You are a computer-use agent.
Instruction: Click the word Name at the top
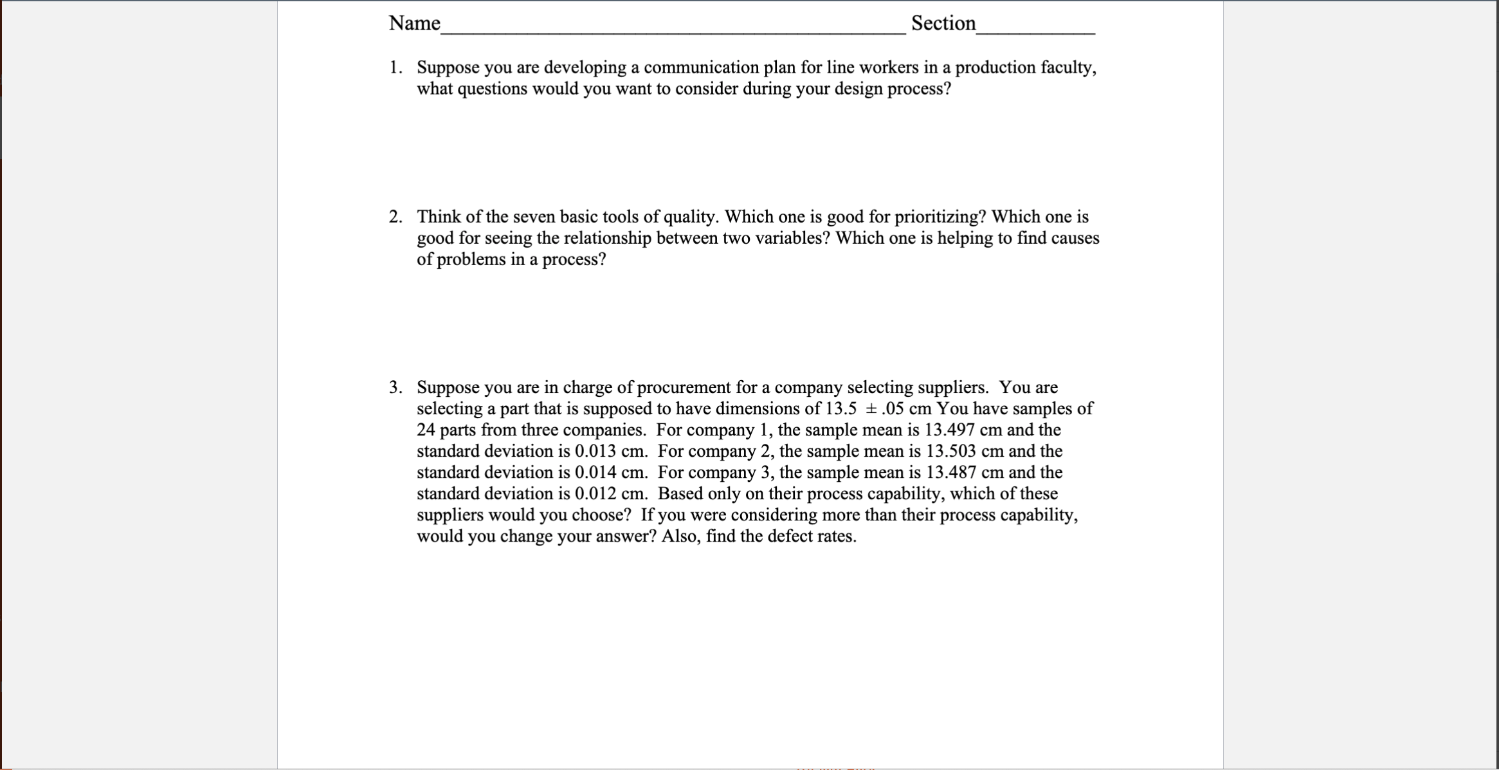point(414,24)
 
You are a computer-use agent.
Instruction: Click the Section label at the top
point(943,24)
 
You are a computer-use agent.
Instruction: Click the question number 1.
point(395,68)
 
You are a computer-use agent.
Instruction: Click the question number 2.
point(395,217)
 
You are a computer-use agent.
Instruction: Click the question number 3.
point(395,387)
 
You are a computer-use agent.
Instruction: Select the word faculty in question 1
point(1067,68)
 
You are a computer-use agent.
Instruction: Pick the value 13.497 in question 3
point(949,430)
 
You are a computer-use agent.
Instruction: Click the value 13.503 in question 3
point(950,451)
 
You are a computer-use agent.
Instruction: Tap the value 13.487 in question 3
point(950,472)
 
